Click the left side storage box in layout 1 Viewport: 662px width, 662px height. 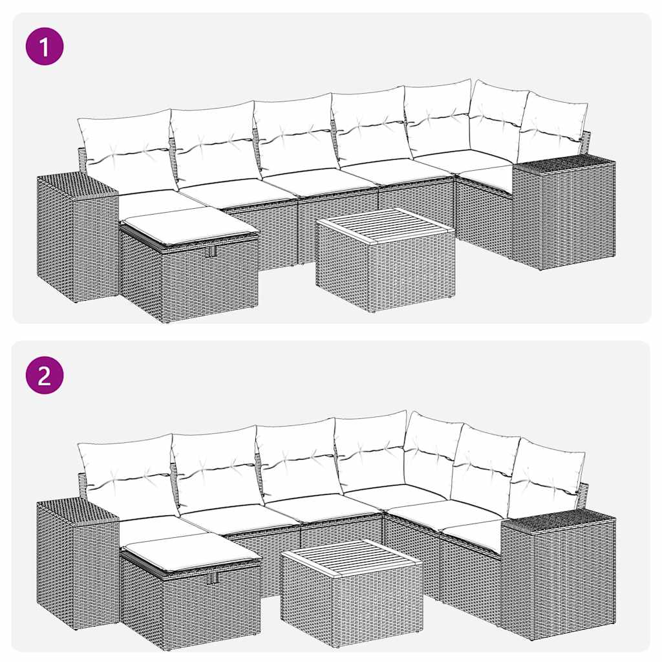point(76,239)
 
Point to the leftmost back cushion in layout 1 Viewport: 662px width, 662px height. point(126,150)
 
